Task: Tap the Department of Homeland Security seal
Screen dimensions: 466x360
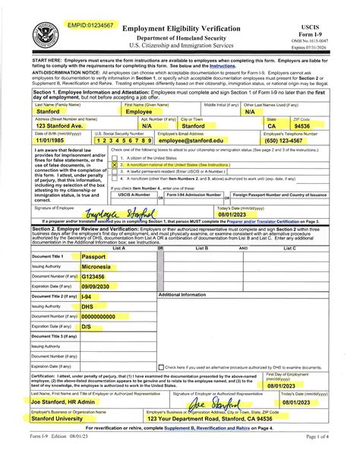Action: [46, 36]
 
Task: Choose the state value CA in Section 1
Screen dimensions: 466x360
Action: [272, 126]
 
